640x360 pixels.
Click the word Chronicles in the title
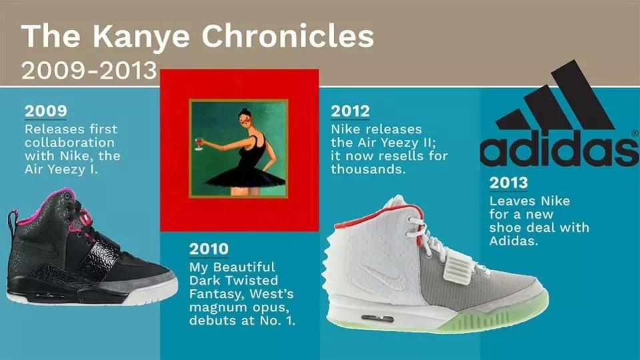coord(288,36)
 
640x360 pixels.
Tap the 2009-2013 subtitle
coord(89,71)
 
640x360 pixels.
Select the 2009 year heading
coord(46,111)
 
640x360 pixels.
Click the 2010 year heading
coord(209,249)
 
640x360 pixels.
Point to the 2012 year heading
coord(350,111)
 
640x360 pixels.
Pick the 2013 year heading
coord(509,183)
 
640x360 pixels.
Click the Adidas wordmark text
coord(559,148)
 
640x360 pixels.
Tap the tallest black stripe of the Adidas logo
coord(583,95)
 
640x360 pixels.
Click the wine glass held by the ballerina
coord(199,144)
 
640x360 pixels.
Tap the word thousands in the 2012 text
coord(368,169)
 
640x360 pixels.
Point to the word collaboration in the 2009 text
coord(69,143)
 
